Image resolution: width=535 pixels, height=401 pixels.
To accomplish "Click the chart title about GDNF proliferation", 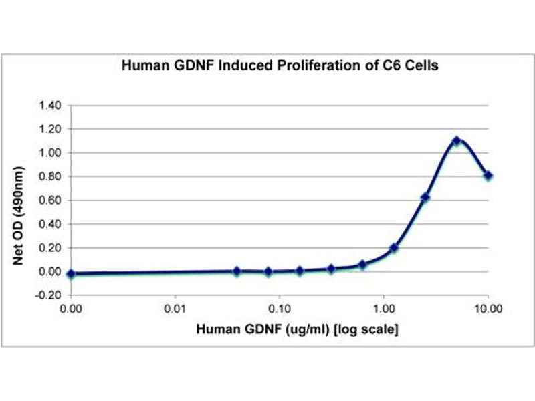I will click(x=280, y=66).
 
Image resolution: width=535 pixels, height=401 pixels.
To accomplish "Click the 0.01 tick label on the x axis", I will click(x=175, y=309).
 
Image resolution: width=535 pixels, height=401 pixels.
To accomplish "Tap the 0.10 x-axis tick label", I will click(x=280, y=309).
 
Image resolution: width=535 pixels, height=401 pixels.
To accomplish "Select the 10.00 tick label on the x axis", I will click(x=488, y=309).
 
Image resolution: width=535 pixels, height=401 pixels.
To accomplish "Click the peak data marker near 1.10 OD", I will click(x=457, y=141).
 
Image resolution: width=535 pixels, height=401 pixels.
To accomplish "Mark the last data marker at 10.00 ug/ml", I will click(x=488, y=176).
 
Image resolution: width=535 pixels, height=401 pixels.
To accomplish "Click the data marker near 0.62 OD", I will click(x=425, y=198).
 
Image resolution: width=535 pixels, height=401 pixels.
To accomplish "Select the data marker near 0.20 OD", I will click(x=394, y=248).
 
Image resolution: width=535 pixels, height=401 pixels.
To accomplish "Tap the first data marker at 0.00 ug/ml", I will click(x=71, y=274).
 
